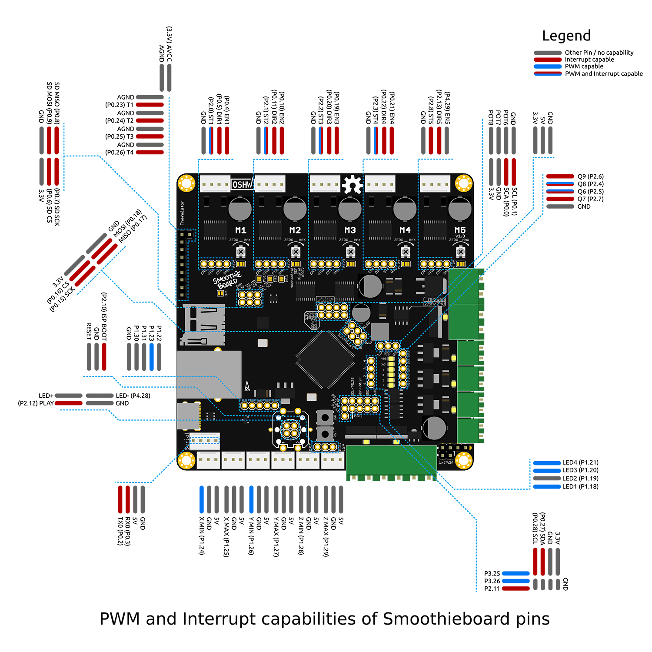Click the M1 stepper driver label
pyautogui.click(x=240, y=230)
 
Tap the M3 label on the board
pyautogui.click(x=350, y=230)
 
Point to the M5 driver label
pyautogui.click(x=460, y=230)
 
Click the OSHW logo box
pyautogui.click(x=242, y=185)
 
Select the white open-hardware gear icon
pyautogui.click(x=352, y=185)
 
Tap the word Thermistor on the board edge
pyautogui.click(x=182, y=213)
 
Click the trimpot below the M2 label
pyautogui.click(x=296, y=252)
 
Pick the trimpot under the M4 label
pyautogui.click(x=406, y=252)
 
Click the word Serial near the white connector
pyautogui.click(x=187, y=441)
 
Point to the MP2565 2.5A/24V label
pyautogui.click(x=435, y=302)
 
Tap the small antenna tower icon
pyautogui.click(x=247, y=386)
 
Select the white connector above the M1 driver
pyautogui.click(x=215, y=184)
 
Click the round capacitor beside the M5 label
pyautogui.click(x=459, y=209)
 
